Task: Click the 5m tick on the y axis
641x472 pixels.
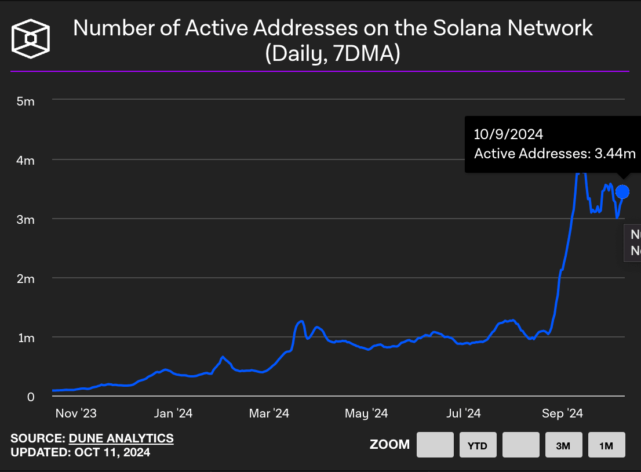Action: coord(26,101)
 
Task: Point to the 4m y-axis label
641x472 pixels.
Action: coord(26,160)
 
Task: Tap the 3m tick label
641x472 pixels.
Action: coord(26,219)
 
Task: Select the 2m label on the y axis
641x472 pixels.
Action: coord(26,278)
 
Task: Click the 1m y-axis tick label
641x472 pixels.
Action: coord(26,337)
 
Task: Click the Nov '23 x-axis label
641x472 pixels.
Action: coord(75,413)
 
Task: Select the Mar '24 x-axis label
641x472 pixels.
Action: coord(269,413)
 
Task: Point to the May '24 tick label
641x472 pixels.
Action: coord(366,413)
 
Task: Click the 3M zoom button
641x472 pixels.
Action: coord(563,445)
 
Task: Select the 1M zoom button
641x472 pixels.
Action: coord(606,445)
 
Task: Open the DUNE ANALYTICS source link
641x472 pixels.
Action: coord(121,438)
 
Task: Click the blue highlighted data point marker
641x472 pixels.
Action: coord(622,191)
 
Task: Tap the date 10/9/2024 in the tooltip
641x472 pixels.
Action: coord(508,135)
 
